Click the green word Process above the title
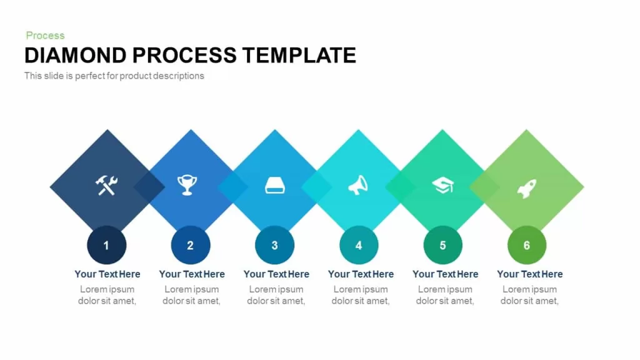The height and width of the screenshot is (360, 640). pos(45,36)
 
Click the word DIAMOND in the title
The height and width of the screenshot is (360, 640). pos(76,55)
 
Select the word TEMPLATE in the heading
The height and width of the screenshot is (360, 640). pos(299,55)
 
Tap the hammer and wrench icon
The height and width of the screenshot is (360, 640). pos(106,185)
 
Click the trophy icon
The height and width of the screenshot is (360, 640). pos(187,185)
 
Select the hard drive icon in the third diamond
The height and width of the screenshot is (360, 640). pos(275,186)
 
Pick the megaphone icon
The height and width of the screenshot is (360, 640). pos(358,185)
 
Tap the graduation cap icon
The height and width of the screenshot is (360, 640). pos(443,185)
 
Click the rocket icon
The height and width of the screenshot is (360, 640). pos(527,189)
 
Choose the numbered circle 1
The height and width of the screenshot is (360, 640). pos(106,245)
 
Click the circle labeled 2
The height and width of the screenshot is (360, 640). pos(191,245)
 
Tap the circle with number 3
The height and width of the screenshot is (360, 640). pos(275,245)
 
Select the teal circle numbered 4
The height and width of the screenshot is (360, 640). pos(359,245)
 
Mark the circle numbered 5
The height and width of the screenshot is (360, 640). pos(443,245)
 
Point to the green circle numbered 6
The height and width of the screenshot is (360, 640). pos(527,245)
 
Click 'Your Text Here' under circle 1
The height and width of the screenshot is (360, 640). pos(107,274)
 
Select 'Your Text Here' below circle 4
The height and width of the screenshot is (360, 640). pos(361,274)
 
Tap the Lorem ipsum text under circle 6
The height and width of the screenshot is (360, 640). pos(529,295)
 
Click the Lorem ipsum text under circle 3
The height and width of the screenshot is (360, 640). pos(276,295)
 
